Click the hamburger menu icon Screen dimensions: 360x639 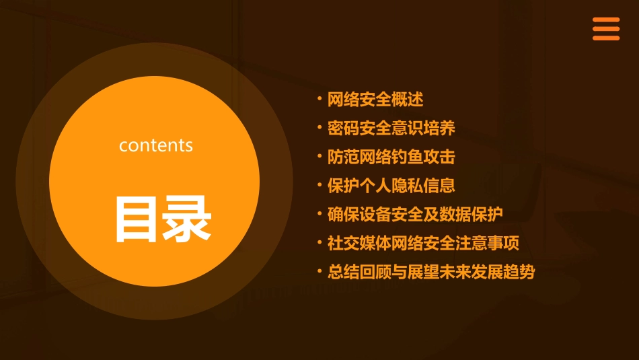605,29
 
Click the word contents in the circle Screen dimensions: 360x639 156,145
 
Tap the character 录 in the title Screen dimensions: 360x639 184,219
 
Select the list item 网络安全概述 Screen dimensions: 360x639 375,100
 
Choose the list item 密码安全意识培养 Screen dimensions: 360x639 391,128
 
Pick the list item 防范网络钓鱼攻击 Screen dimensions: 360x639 391,157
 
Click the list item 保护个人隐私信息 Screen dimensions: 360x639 391,185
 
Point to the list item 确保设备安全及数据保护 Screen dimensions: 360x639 415,214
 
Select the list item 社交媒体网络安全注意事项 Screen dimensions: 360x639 423,243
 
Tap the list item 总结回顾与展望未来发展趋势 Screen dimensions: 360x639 431,272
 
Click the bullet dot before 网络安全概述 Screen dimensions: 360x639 319,99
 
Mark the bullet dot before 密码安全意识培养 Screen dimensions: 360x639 319,127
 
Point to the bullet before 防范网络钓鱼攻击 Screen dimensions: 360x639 319,156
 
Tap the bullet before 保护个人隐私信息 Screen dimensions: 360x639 319,184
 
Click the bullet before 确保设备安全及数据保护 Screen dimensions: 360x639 319,213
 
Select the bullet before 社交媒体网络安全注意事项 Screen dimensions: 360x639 319,242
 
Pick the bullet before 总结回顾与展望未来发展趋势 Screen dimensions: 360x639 319,271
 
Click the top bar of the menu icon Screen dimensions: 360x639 605,20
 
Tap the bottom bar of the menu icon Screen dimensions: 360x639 605,38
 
